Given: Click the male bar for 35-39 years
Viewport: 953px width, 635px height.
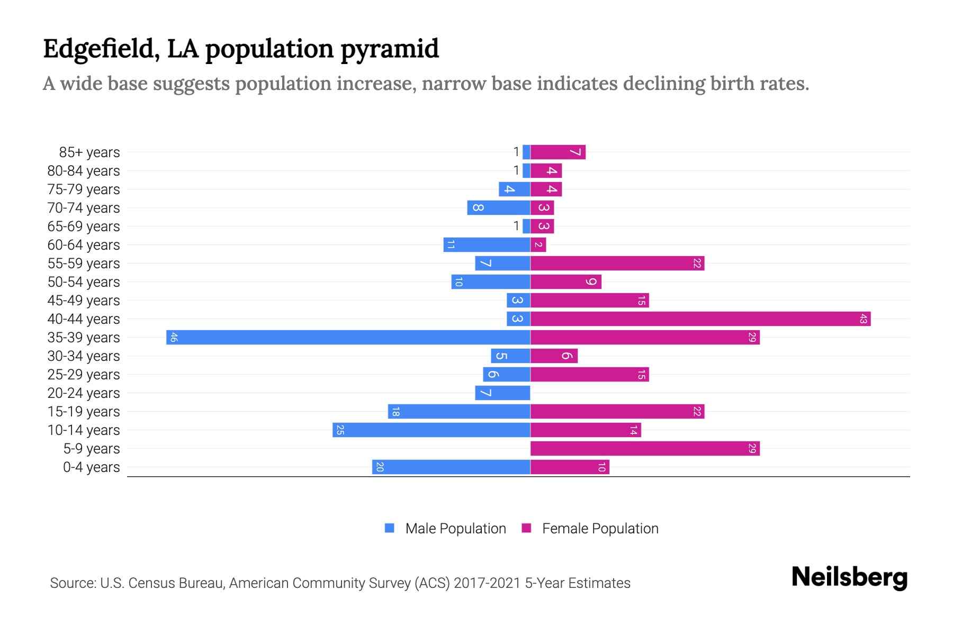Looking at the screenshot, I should pos(348,337).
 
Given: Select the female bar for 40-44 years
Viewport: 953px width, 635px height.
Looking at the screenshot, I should pos(700,319).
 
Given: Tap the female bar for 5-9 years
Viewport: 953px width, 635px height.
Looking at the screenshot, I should pos(645,448).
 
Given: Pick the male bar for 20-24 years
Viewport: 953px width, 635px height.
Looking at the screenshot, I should pos(502,393).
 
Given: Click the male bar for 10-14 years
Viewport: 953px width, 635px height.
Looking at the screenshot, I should pos(431,430).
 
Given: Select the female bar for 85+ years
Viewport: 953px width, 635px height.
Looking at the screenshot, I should pos(558,152).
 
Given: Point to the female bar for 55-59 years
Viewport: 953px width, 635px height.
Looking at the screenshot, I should pos(617,263).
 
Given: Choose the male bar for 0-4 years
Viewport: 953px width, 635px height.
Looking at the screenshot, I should pos(451,467).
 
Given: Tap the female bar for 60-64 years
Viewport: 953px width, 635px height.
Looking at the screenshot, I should pos(538,244).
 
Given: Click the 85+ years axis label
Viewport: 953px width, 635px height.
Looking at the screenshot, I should pos(89,152).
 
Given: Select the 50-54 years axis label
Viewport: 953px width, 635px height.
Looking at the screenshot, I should pos(84,282).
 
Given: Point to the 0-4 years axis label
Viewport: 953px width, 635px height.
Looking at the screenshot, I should pos(91,467).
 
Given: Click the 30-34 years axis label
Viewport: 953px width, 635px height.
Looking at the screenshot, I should pos(84,356).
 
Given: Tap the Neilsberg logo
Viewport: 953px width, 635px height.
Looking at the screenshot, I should pos(849,577).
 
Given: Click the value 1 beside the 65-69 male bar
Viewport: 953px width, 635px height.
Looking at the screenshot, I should pos(516,226).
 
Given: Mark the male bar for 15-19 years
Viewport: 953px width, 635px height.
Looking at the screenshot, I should pos(458,411).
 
